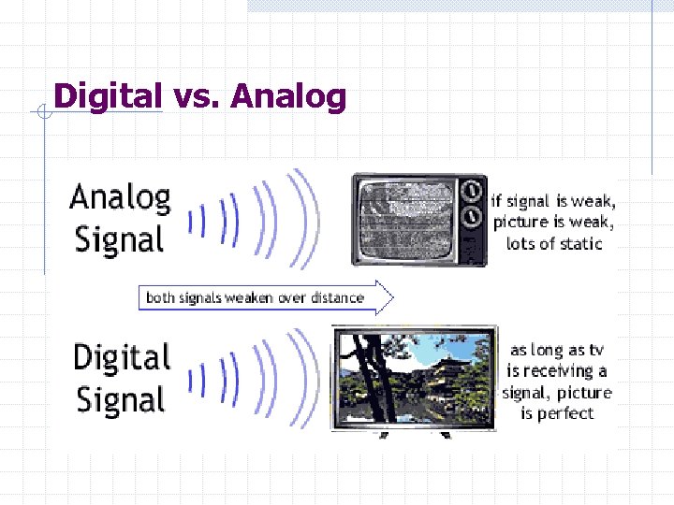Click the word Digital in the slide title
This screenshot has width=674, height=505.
point(108,96)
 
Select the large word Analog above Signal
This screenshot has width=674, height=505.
point(120,198)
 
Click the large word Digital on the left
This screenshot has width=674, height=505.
point(122,358)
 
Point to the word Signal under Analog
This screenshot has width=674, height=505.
point(119,239)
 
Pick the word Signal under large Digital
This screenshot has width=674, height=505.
point(121,400)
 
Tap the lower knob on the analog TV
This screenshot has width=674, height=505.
point(476,218)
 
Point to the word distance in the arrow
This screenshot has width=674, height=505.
point(333,297)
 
